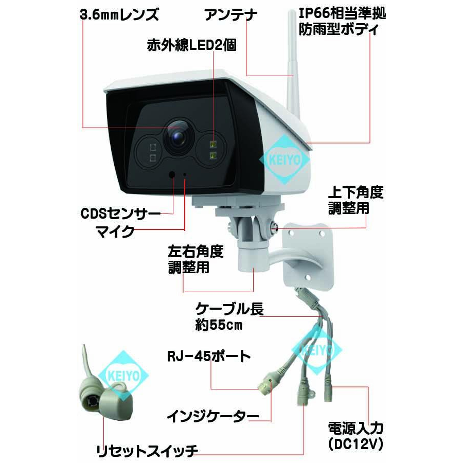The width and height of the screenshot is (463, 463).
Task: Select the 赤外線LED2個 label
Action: point(191,46)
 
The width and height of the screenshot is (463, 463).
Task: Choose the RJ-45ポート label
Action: point(209,356)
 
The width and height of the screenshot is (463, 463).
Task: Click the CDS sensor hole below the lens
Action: point(172,174)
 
